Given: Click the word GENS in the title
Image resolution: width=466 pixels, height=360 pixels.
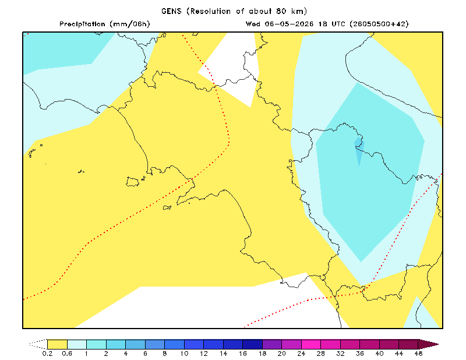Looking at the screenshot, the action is click(x=171, y=11).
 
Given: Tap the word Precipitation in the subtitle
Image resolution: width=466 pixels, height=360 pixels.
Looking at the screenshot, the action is click(x=82, y=24).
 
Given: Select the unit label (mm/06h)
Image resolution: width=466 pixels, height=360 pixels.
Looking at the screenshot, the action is click(x=129, y=24).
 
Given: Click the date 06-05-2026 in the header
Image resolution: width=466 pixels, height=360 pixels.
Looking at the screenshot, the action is click(x=289, y=24).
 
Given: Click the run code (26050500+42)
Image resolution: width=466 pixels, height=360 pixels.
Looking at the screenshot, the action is click(x=379, y=24).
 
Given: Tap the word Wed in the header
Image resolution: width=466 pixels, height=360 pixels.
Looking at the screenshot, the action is click(x=253, y=24).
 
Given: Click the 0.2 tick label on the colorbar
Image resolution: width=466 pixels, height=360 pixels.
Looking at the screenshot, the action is click(x=47, y=354).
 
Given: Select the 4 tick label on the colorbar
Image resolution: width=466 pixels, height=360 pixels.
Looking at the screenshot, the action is click(x=125, y=354).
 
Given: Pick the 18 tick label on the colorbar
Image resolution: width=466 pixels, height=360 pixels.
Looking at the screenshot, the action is click(x=262, y=354).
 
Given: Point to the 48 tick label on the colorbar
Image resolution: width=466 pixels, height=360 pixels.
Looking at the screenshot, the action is click(x=418, y=354).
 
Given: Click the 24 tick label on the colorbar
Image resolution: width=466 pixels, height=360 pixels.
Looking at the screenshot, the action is click(x=301, y=354).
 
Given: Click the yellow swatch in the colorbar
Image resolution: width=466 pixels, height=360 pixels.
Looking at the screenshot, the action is click(x=57, y=344).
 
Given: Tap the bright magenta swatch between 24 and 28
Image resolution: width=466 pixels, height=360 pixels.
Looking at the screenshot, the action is click(x=311, y=344).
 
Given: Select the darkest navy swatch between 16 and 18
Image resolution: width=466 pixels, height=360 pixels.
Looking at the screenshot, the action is click(x=252, y=344).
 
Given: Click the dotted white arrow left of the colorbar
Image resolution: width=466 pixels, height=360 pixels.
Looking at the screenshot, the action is click(x=38, y=344).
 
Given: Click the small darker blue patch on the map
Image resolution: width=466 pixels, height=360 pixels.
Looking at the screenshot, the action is click(x=359, y=151).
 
